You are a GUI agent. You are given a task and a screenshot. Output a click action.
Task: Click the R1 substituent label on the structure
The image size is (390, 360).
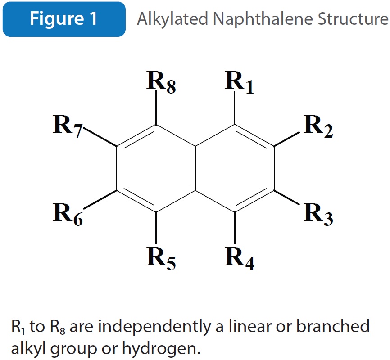click(x=239, y=82)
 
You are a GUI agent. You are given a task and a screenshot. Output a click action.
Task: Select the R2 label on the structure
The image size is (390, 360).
click(x=318, y=126)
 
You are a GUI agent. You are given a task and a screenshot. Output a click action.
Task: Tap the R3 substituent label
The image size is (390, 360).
click(x=318, y=214)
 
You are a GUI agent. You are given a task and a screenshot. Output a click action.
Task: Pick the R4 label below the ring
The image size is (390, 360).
click(x=240, y=259)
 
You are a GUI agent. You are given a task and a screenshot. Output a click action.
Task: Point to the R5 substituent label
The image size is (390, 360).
click(x=161, y=259)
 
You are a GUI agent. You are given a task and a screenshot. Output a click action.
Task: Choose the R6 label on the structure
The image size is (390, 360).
click(x=68, y=214)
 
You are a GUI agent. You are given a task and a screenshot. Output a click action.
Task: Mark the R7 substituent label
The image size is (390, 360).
click(x=68, y=126)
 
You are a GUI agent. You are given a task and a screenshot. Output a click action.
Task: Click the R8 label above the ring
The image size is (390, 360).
click(x=161, y=82)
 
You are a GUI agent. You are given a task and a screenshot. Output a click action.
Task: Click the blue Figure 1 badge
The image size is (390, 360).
click(x=64, y=19)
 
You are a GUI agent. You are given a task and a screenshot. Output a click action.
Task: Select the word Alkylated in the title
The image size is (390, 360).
click(x=172, y=19)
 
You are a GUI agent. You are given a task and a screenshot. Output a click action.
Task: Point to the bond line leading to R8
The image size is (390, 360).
click(x=156, y=108)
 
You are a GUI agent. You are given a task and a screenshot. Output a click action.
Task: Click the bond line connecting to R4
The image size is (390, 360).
click(x=235, y=228)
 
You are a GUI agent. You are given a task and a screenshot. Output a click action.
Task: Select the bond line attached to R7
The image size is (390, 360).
click(x=100, y=136)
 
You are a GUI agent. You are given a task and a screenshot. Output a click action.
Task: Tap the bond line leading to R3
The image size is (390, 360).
click(x=287, y=198)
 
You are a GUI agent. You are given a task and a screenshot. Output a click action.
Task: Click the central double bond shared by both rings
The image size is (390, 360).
click(x=193, y=168)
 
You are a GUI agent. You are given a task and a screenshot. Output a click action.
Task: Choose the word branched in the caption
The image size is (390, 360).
click(x=333, y=326)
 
